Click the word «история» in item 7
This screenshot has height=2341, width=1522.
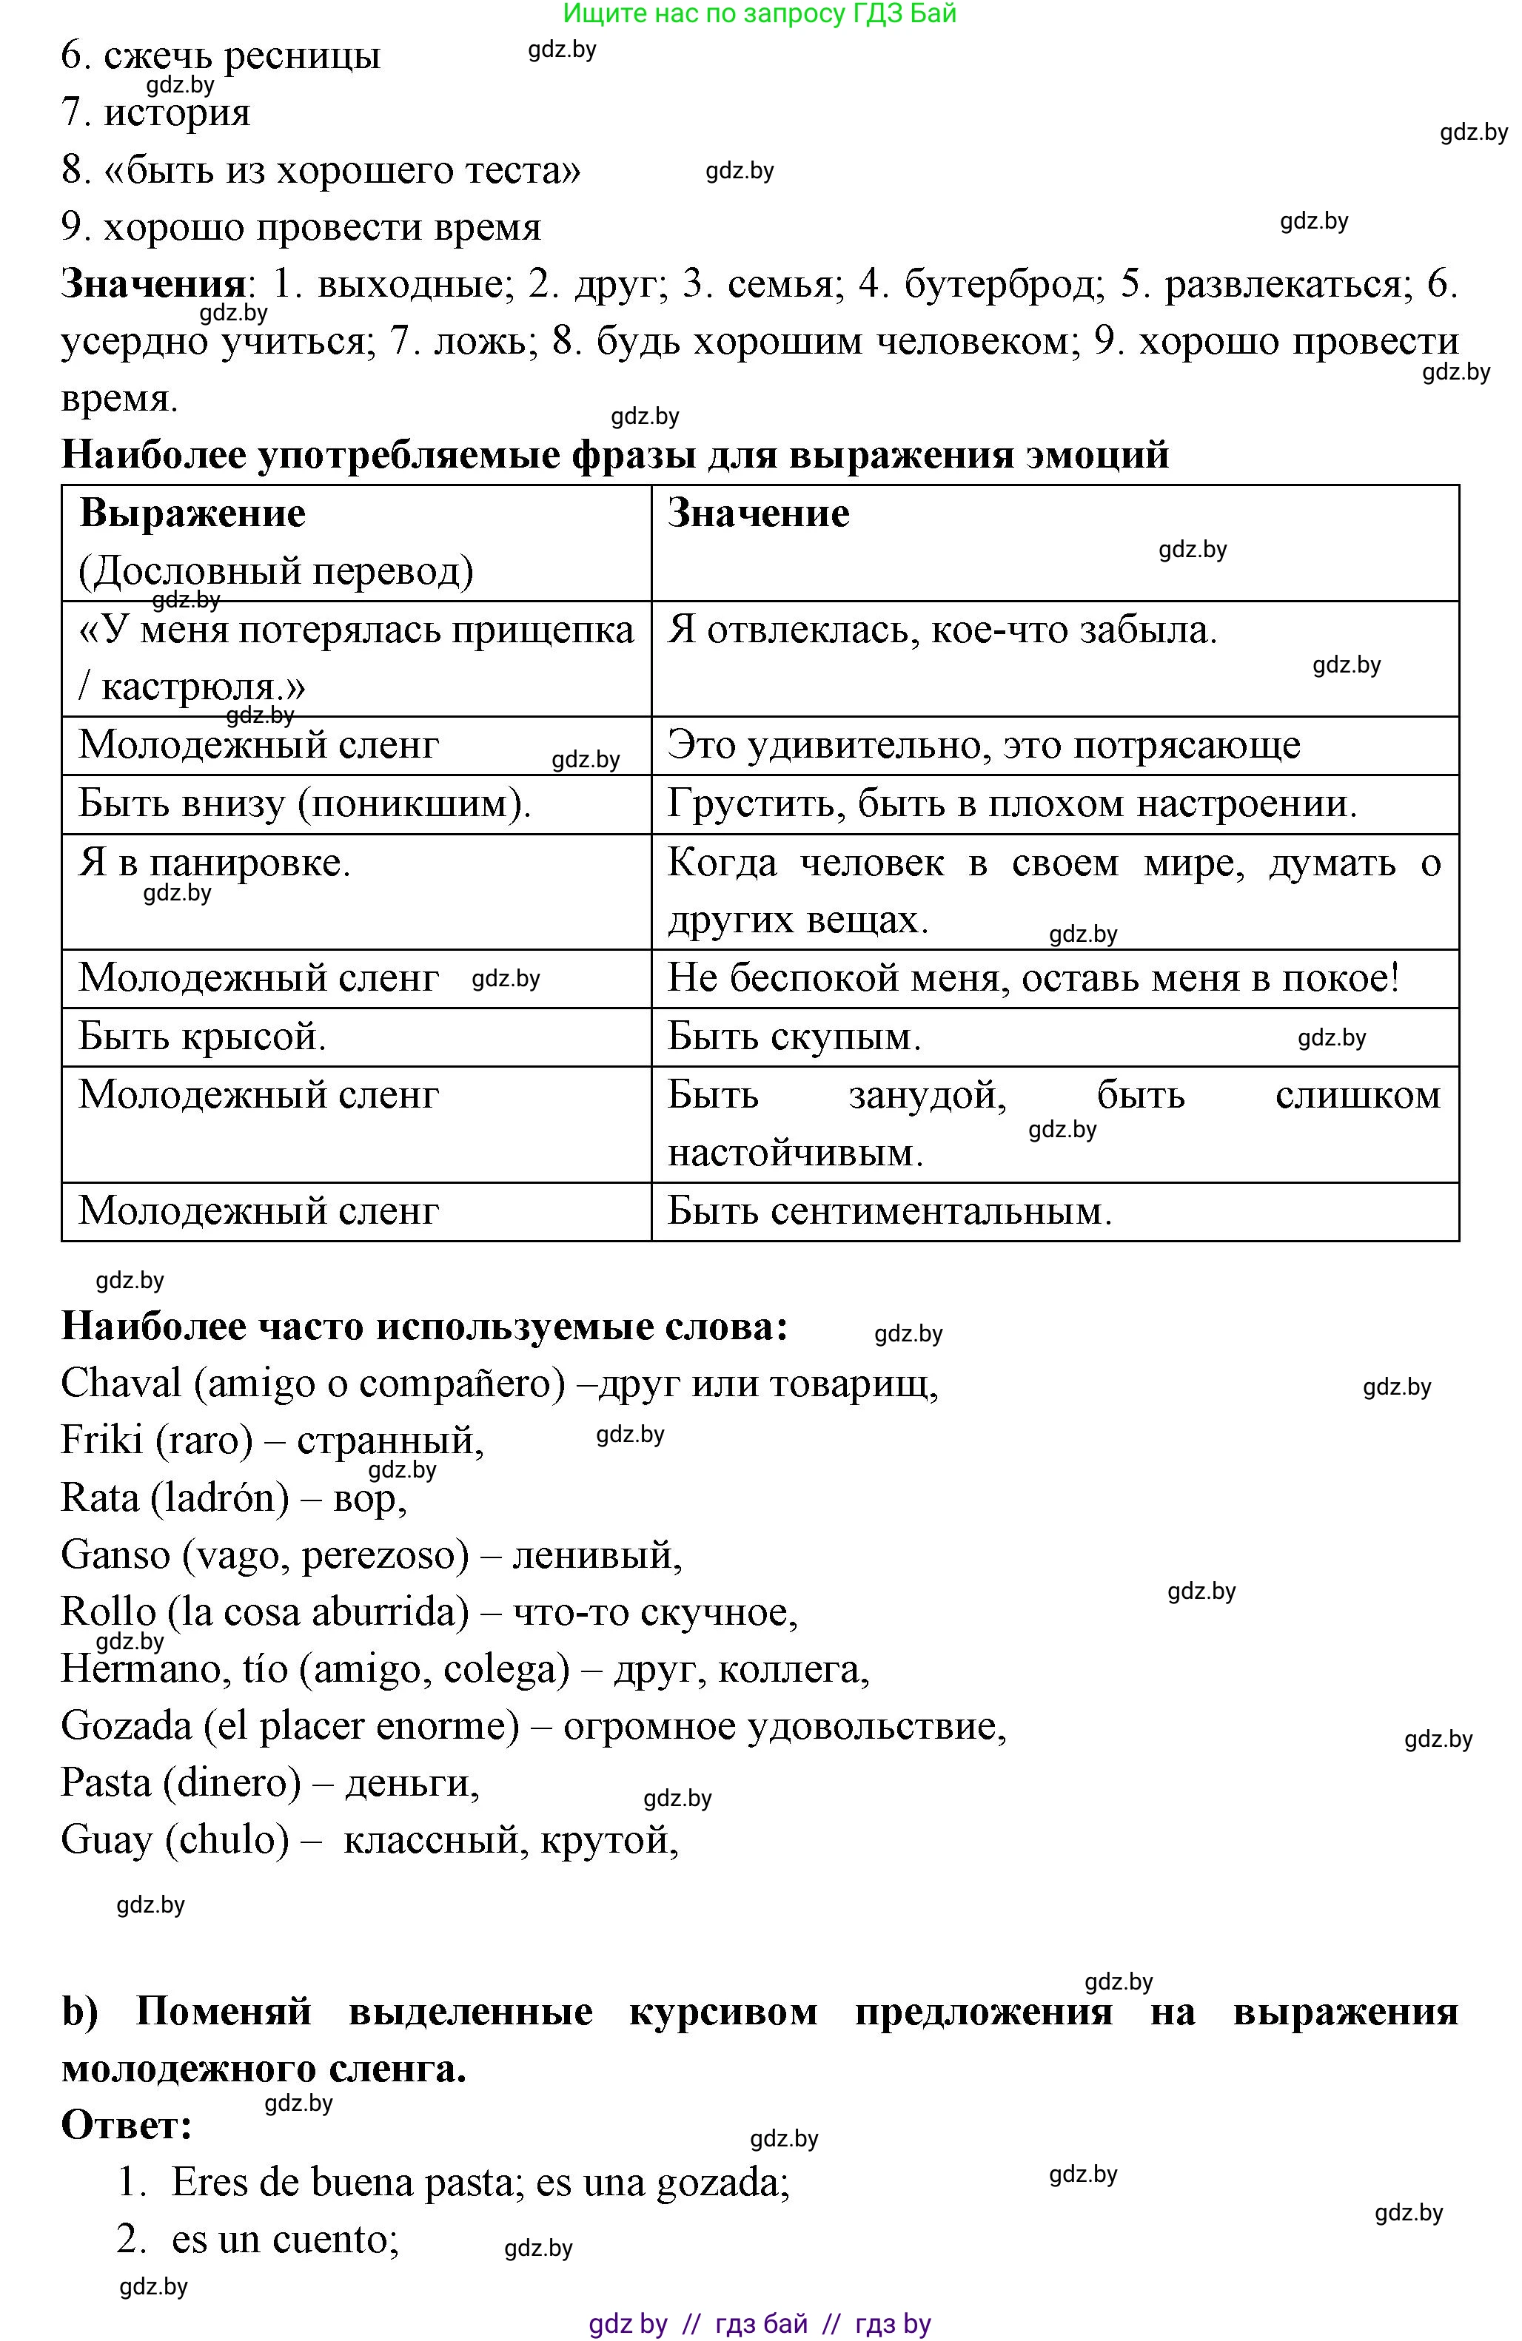coord(177,113)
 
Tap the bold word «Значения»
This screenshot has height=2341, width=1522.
coord(152,284)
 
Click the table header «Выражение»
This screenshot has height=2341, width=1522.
coord(192,513)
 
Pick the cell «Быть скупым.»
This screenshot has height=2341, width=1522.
coord(794,1037)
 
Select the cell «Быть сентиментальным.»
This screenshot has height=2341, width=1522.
coord(889,1211)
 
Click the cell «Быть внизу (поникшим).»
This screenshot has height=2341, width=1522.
coord(305,804)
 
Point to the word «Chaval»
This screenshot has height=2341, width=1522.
coord(121,1383)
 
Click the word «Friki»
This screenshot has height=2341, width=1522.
coord(101,1440)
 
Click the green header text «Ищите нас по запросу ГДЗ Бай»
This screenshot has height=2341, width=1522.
coord(760,14)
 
